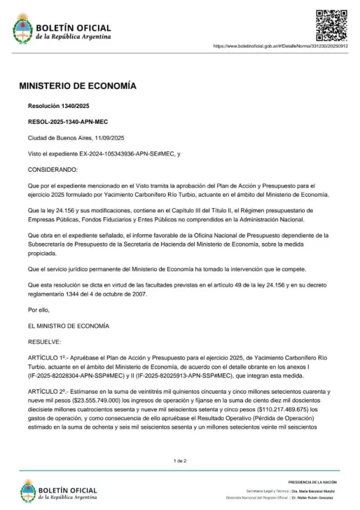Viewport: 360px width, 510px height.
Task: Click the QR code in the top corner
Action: point(331,23)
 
